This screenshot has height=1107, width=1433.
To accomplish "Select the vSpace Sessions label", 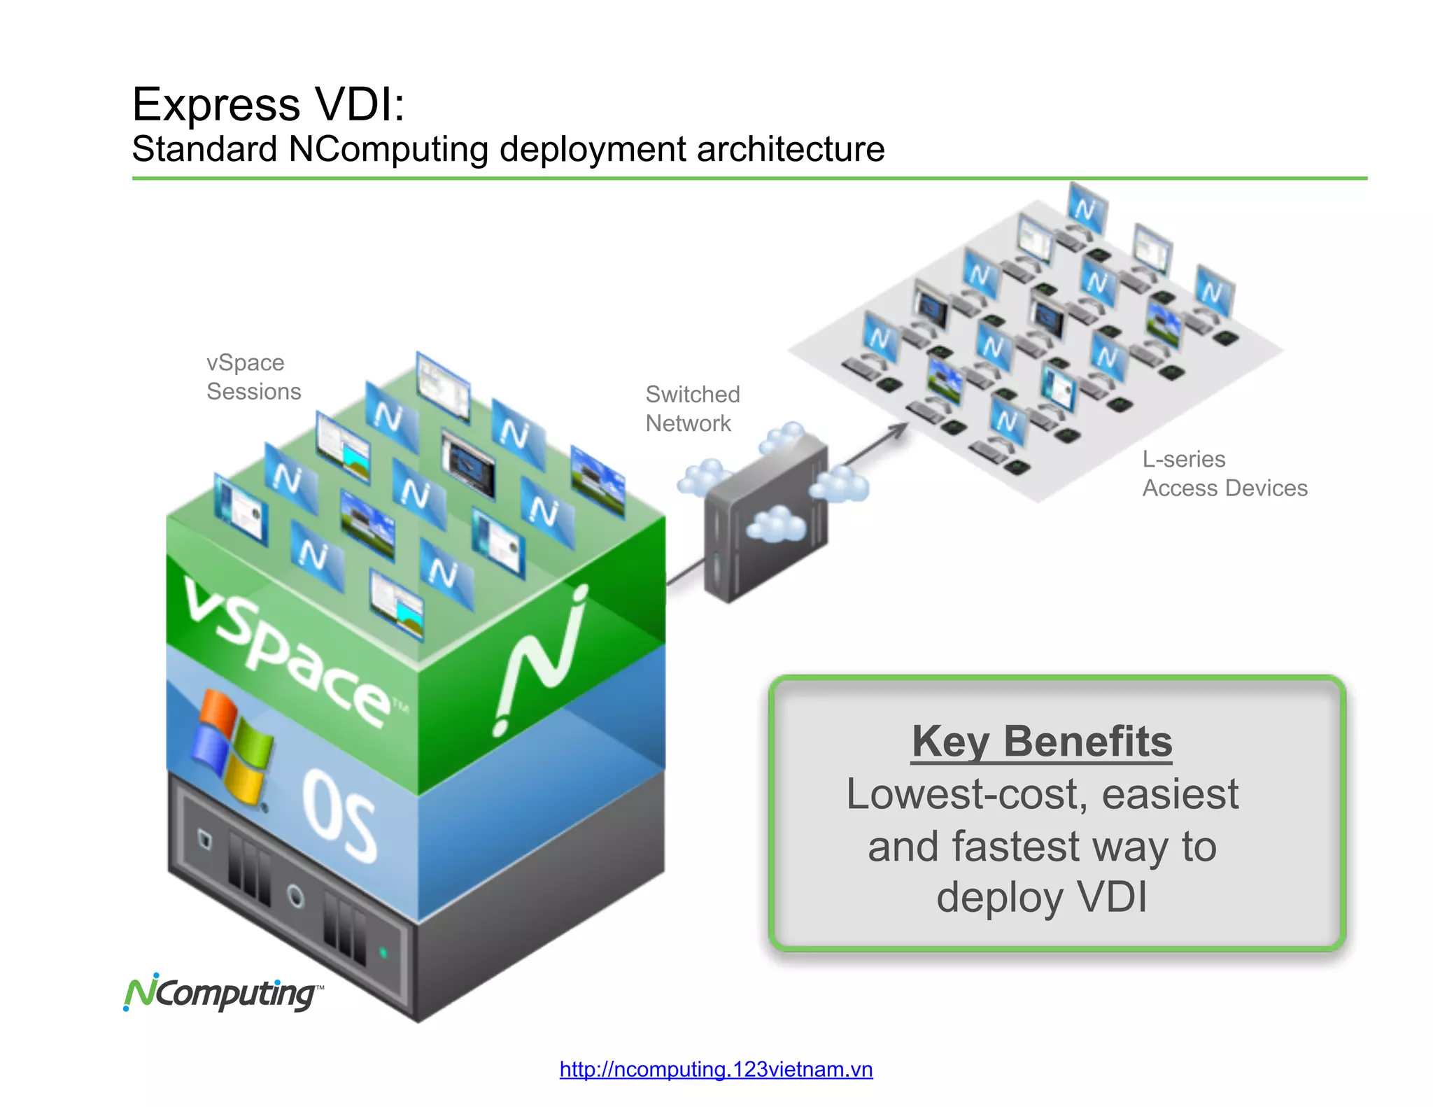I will (x=253, y=377).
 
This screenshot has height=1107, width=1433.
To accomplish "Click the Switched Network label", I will (x=692, y=409).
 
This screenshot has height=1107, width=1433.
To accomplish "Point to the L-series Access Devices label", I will (x=1224, y=474).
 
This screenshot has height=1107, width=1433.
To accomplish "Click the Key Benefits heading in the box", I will (x=1042, y=742).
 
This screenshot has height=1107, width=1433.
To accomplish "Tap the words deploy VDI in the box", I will (x=1042, y=897).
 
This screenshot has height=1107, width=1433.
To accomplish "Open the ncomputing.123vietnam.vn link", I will (x=716, y=1069).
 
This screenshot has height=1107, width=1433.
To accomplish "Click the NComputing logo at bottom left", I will (x=223, y=993).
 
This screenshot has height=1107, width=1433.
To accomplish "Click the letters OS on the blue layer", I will (x=340, y=815).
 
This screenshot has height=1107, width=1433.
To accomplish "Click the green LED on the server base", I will (x=383, y=952).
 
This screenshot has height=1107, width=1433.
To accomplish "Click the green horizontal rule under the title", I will (x=749, y=178).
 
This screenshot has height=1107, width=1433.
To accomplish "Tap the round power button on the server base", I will (x=296, y=896).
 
